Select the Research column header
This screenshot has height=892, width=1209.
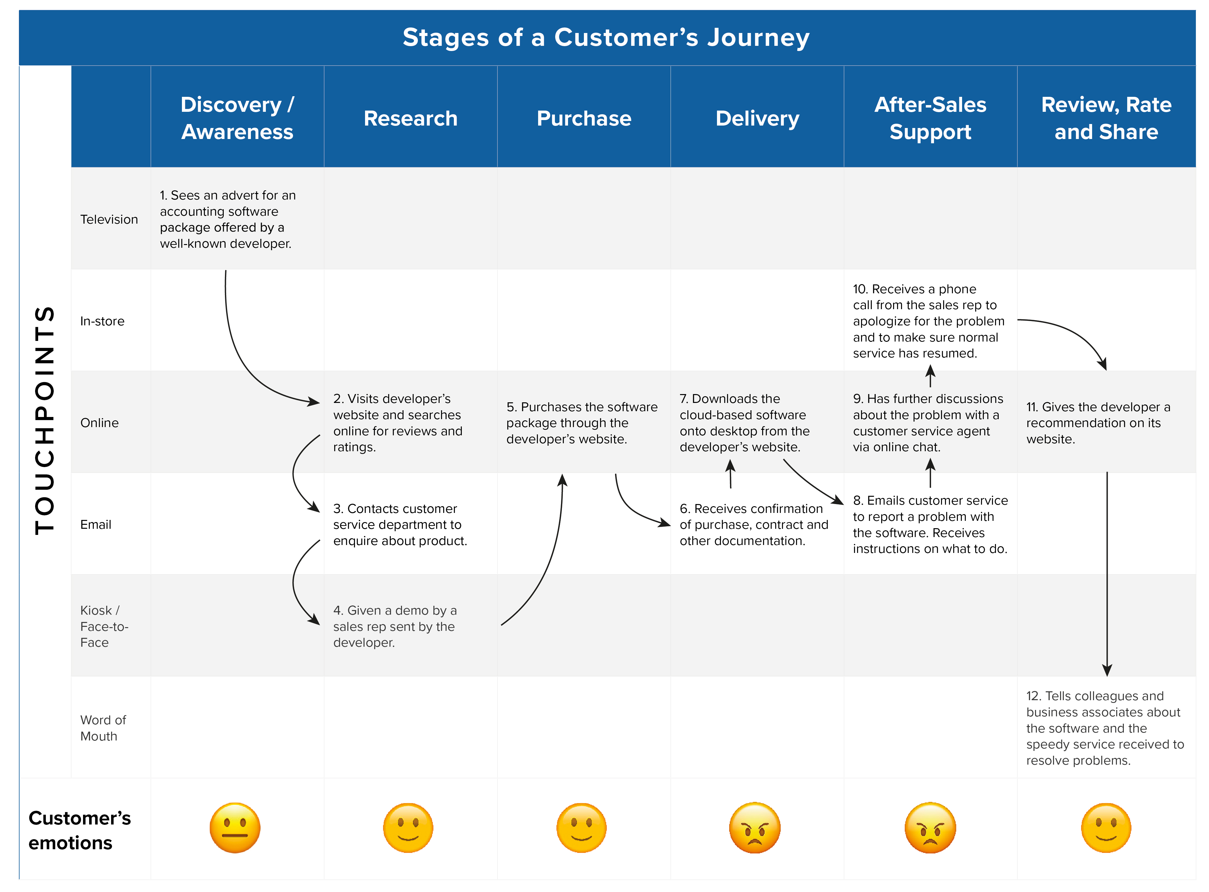(410, 118)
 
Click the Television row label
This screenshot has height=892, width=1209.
(109, 219)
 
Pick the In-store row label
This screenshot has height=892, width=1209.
(102, 321)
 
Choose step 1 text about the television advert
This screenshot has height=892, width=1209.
(228, 219)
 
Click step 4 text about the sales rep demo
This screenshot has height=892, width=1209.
(394, 626)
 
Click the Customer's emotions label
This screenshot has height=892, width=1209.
(79, 830)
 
